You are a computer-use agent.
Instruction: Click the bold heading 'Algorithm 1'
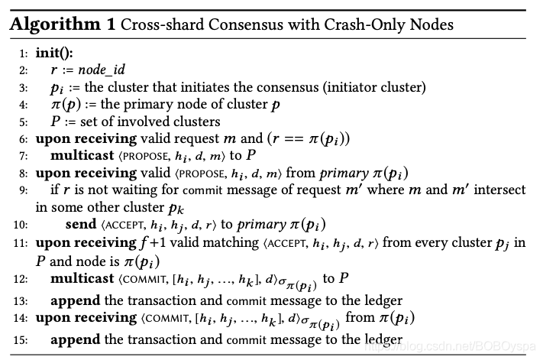pos(63,25)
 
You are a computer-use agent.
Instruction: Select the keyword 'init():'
pos(54,53)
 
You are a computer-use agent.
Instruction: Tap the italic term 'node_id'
pos(102,70)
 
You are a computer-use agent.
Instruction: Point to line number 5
pos(23,122)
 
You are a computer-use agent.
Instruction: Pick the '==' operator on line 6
pos(294,139)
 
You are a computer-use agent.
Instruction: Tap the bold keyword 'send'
pos(81,225)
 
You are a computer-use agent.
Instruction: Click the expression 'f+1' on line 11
pos(153,243)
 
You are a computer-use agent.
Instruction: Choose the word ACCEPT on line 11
pos(287,244)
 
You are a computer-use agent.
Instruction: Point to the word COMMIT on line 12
pos(144,280)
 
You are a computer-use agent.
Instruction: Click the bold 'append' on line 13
pos(75,300)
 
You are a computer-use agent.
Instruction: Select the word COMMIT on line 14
pos(167,319)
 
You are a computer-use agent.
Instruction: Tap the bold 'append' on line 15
pos(75,339)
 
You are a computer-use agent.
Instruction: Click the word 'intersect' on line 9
pos(499,190)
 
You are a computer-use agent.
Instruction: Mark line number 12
pos(21,280)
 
